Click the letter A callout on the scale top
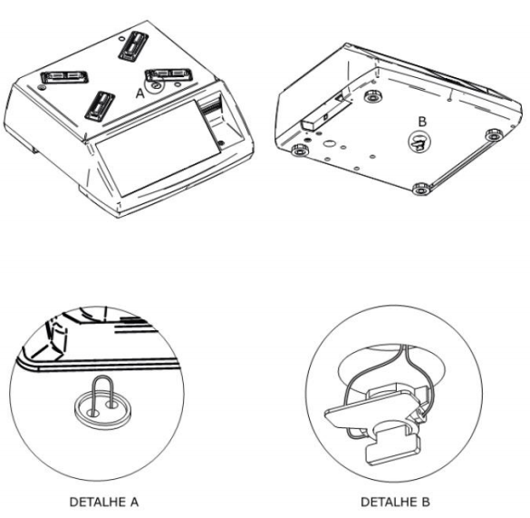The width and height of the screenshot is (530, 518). pyautogui.click(x=140, y=93)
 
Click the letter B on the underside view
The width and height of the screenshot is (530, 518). pyautogui.click(x=422, y=122)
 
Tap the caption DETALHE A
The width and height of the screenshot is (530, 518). pyautogui.click(x=104, y=502)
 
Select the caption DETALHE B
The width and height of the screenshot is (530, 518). pyautogui.click(x=395, y=502)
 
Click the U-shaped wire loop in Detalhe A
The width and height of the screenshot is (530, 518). pyautogui.click(x=101, y=395)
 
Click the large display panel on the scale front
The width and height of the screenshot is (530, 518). pyautogui.click(x=159, y=148)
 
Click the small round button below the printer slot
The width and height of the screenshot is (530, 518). pyautogui.click(x=221, y=142)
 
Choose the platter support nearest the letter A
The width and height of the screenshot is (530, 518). pyautogui.click(x=169, y=74)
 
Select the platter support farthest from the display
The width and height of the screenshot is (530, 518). pyautogui.click(x=133, y=46)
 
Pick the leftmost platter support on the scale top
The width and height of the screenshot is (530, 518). pyautogui.click(x=64, y=77)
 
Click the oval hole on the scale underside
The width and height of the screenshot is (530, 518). pyautogui.click(x=328, y=143)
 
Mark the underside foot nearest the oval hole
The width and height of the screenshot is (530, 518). pyautogui.click(x=300, y=150)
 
